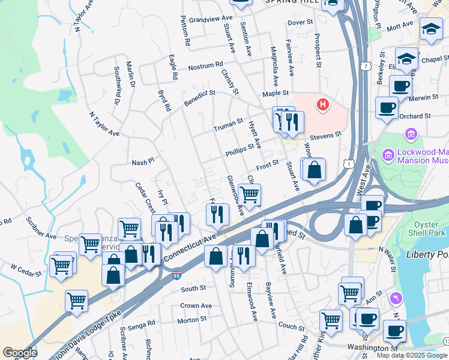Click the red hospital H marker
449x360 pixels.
coord(323,105)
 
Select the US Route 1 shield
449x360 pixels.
coord(349,163)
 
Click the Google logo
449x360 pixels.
coord(19,353)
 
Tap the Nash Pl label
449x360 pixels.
coord(143,163)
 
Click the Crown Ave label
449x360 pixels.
coord(196,306)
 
